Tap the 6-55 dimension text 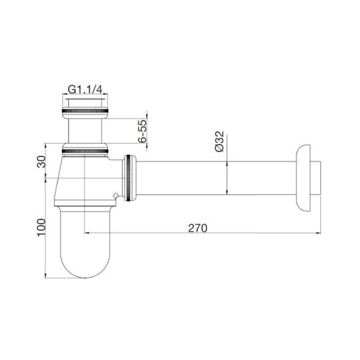(142, 131)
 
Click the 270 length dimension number (197, 227)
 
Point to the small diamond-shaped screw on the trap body (116, 196)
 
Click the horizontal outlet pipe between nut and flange (214, 178)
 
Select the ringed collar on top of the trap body (86, 148)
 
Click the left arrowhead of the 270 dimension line (87, 233)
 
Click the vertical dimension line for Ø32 (228, 178)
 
